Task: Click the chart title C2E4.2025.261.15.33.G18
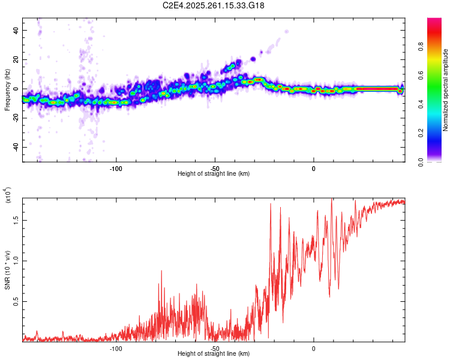214,5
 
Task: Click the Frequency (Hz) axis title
8,89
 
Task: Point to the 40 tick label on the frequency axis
16,30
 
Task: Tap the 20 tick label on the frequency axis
16,59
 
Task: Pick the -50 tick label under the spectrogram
215,167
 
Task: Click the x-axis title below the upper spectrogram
214,174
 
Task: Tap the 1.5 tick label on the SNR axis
16,220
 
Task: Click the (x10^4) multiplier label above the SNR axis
8,195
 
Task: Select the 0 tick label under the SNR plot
314,347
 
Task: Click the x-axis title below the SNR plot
214,354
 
